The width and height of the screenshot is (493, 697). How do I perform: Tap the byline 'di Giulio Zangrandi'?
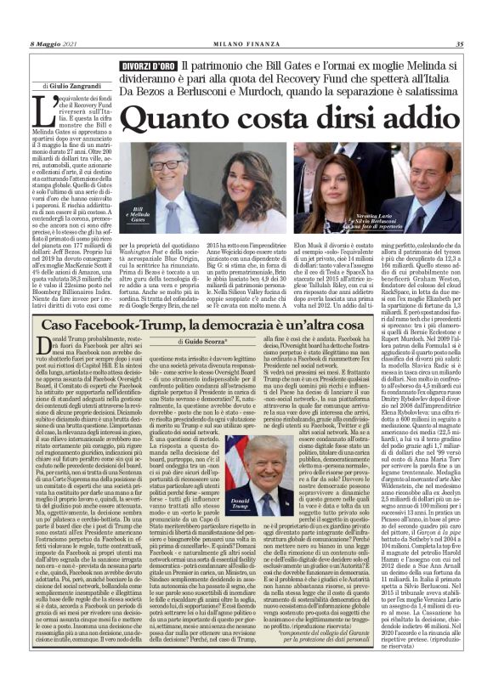70,86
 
